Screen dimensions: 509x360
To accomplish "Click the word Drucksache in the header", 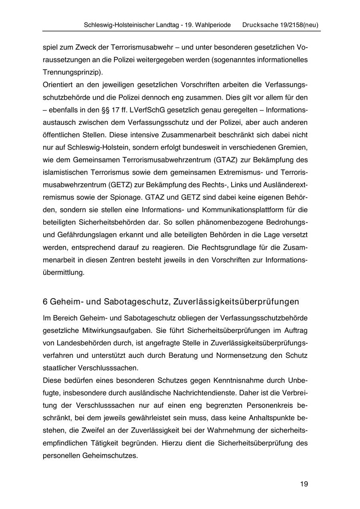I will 259,25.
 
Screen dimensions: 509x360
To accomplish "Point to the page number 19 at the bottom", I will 304,484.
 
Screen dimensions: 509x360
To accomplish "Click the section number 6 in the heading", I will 45,301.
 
